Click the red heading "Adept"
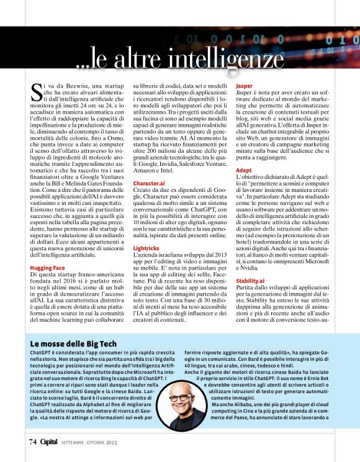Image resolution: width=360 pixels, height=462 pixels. (244, 170)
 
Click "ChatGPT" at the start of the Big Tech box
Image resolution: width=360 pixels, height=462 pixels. (42, 353)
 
